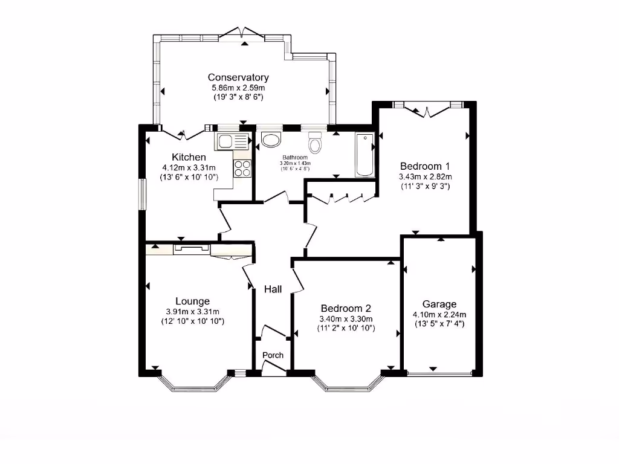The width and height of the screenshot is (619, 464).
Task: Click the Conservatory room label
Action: tap(238, 77)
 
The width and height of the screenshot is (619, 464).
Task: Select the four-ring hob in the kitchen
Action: tap(242, 169)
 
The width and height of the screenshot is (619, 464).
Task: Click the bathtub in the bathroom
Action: tap(365, 155)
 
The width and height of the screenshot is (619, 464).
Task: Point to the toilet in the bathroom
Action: tap(315, 144)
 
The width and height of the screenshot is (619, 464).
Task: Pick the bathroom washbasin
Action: tap(271, 140)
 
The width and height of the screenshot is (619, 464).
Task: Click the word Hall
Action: tap(273, 289)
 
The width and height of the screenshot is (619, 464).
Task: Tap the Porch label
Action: tap(273, 355)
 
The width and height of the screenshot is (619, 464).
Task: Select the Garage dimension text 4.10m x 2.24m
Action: tap(439, 314)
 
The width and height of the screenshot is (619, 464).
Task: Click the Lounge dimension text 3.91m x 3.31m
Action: tap(193, 312)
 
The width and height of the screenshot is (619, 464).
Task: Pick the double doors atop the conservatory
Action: tap(241, 33)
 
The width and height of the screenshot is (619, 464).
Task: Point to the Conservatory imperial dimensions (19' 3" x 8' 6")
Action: tap(238, 97)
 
